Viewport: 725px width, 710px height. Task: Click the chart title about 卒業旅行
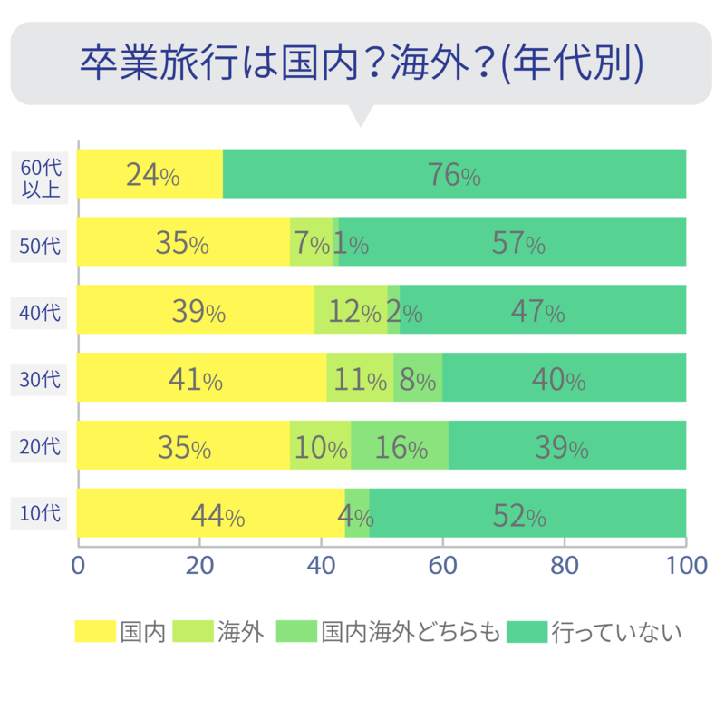(x=362, y=61)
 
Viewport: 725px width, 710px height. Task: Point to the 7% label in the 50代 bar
(x=310, y=242)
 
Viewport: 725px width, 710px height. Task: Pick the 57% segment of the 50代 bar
(x=517, y=242)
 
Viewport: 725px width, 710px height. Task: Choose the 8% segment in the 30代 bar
(x=418, y=379)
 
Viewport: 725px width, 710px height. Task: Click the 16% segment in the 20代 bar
(x=400, y=447)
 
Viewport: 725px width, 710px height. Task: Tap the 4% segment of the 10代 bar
(x=356, y=515)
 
